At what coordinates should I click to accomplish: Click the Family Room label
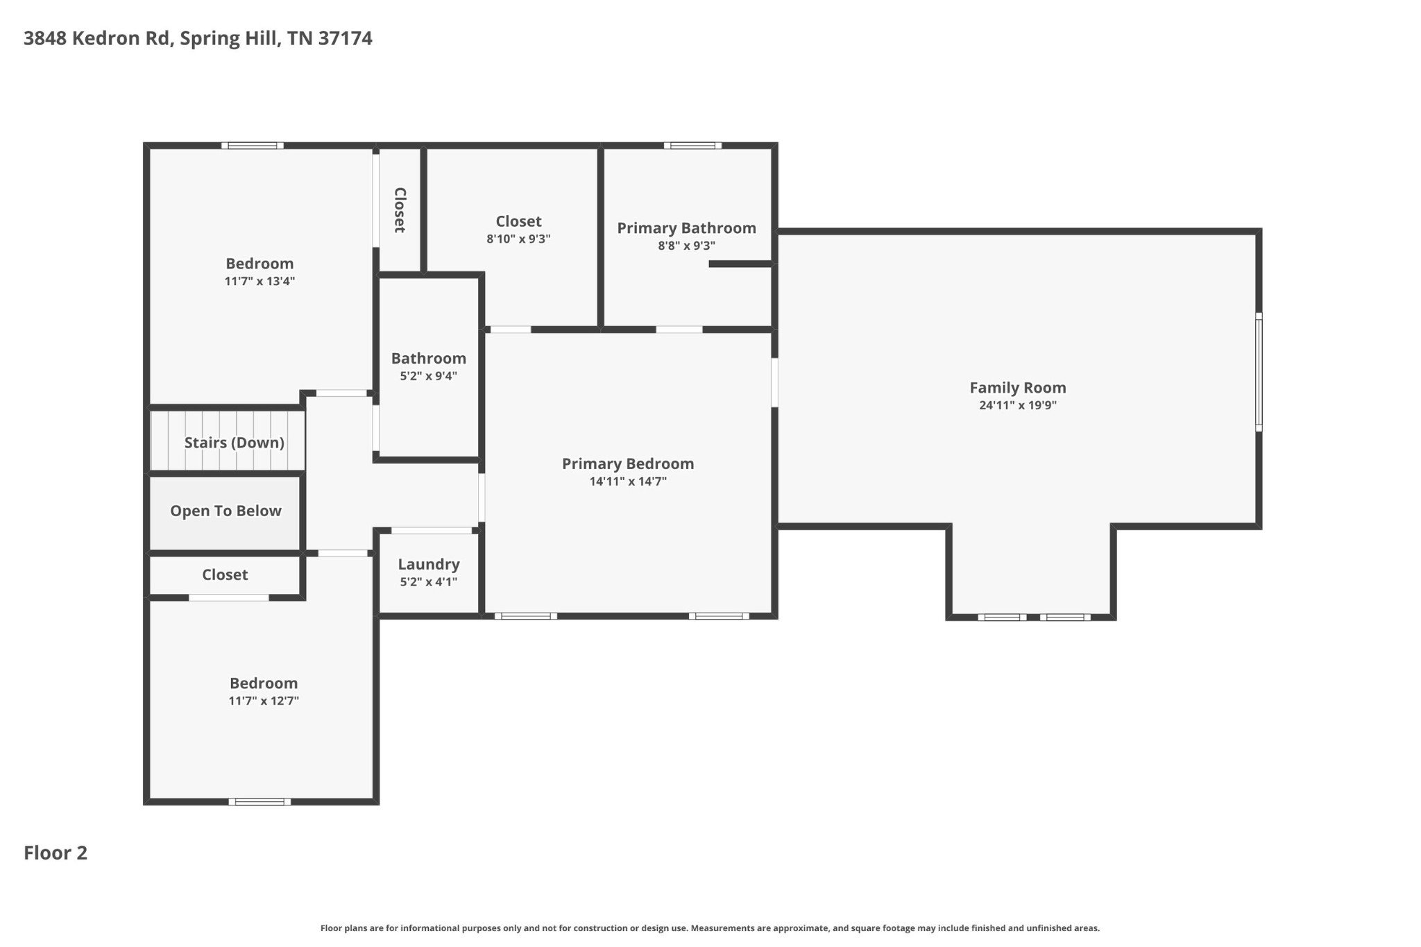point(1017,388)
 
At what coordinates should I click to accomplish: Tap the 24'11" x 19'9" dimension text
point(1017,406)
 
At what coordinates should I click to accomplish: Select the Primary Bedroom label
point(627,463)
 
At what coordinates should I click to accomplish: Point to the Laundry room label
point(428,564)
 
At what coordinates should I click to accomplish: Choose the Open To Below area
point(226,511)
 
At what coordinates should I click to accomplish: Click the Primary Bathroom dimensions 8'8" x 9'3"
point(686,246)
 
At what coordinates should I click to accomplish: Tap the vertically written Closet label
point(400,210)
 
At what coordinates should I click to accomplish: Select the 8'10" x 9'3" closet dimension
point(518,239)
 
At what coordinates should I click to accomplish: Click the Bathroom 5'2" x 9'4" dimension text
point(428,376)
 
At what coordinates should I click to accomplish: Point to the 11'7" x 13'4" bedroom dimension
point(259,282)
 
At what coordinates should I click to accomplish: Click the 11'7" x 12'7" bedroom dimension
point(264,701)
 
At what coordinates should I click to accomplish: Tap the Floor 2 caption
point(56,853)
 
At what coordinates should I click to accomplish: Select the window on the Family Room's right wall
point(1258,372)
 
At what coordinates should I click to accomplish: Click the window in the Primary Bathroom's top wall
point(692,146)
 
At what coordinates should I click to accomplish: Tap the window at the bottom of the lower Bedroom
point(259,801)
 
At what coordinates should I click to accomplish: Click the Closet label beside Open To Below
point(225,574)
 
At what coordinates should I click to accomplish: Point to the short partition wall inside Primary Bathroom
point(740,264)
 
